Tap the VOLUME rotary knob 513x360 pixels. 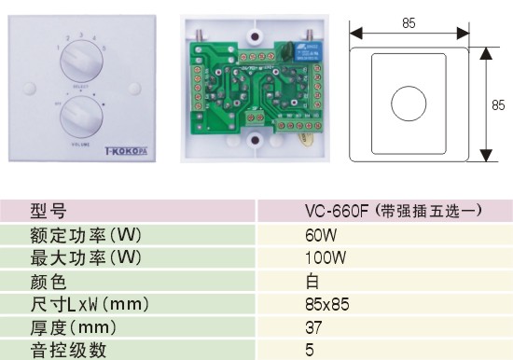(x=79, y=118)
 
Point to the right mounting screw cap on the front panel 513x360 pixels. (x=137, y=90)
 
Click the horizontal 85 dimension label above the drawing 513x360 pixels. (x=409, y=23)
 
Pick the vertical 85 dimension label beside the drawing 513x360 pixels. (x=498, y=105)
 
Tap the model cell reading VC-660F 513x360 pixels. (x=393, y=211)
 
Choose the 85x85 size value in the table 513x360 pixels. (x=326, y=304)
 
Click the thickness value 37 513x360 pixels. (x=313, y=327)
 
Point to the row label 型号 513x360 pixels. (x=49, y=211)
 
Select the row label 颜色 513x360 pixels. (x=49, y=281)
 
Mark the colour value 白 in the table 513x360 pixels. (x=312, y=281)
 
